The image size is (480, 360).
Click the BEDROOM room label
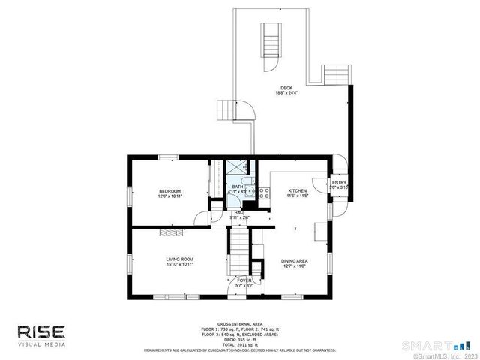pyautogui.click(x=169, y=192)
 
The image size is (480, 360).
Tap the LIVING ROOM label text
pyautogui.click(x=180, y=259)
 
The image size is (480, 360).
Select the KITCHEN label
pyautogui.click(x=298, y=191)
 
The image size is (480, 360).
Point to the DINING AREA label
pyautogui.click(x=295, y=260)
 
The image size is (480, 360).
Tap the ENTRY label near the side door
pyautogui.click(x=339, y=182)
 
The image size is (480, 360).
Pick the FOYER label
pyautogui.click(x=244, y=280)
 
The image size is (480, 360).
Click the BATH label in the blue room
pyautogui.click(x=237, y=187)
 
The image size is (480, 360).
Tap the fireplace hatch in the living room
pyautogui.click(x=170, y=232)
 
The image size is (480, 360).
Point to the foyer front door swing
pyautogui.click(x=235, y=286)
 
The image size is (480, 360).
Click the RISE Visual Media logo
pyautogui.click(x=43, y=334)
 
